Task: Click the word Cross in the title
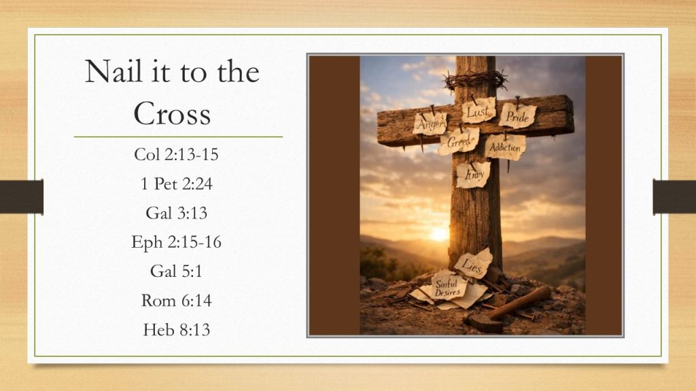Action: point(172,113)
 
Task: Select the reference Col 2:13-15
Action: point(176,154)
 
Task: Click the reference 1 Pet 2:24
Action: point(176,183)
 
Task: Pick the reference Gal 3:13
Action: point(176,212)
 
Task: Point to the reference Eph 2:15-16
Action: point(176,242)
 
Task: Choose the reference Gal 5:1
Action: point(176,271)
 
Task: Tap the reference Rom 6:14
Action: point(176,301)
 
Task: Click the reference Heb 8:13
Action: point(176,330)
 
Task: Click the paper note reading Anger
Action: point(430,124)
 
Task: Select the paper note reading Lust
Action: point(478,111)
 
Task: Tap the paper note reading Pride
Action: point(517,116)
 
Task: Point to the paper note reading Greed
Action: point(459,141)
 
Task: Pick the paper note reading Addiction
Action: point(505,147)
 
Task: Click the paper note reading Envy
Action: point(473,174)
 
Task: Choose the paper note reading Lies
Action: point(473,264)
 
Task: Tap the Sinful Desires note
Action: point(449,287)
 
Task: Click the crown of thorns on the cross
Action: point(475,80)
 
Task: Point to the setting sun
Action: point(438,234)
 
